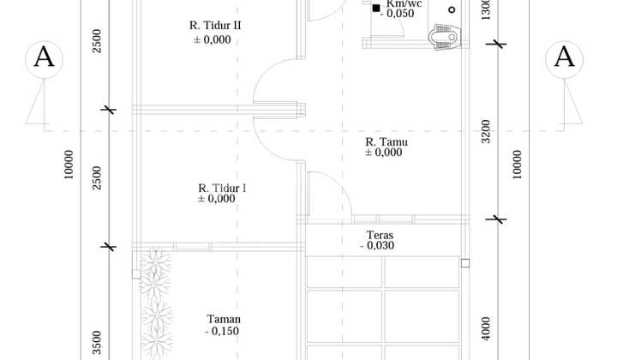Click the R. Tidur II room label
[215, 26]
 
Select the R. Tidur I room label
[222, 188]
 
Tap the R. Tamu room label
[386, 141]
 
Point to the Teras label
[380, 235]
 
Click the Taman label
[224, 319]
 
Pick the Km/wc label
[404, 4]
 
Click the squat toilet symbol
[444, 37]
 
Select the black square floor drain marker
[376, 8]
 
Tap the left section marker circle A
[44, 59]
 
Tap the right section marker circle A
[564, 59]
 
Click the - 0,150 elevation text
[222, 331]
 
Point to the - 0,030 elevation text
[377, 245]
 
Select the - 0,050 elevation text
[397, 14]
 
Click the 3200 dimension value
[486, 131]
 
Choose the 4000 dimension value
[486, 328]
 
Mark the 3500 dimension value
[97, 343]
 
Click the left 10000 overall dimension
[69, 165]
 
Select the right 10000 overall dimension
[517, 165]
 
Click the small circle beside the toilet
[452, 9]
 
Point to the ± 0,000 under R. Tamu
[384, 153]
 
